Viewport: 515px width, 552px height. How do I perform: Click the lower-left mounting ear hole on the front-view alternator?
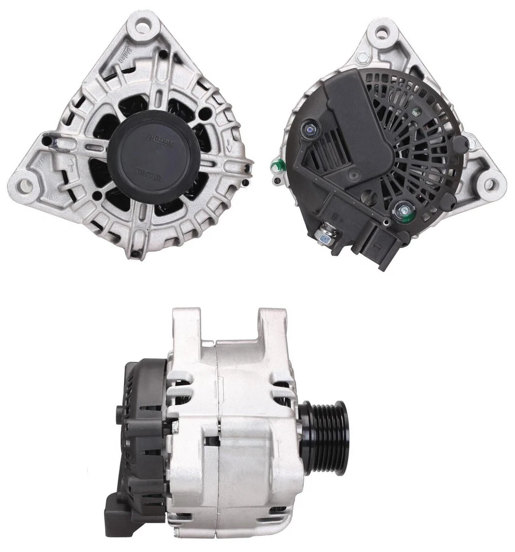tap(25, 185)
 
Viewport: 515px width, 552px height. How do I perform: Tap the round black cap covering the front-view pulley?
tap(150, 160)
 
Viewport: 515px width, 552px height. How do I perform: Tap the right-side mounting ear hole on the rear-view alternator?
tap(489, 185)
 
